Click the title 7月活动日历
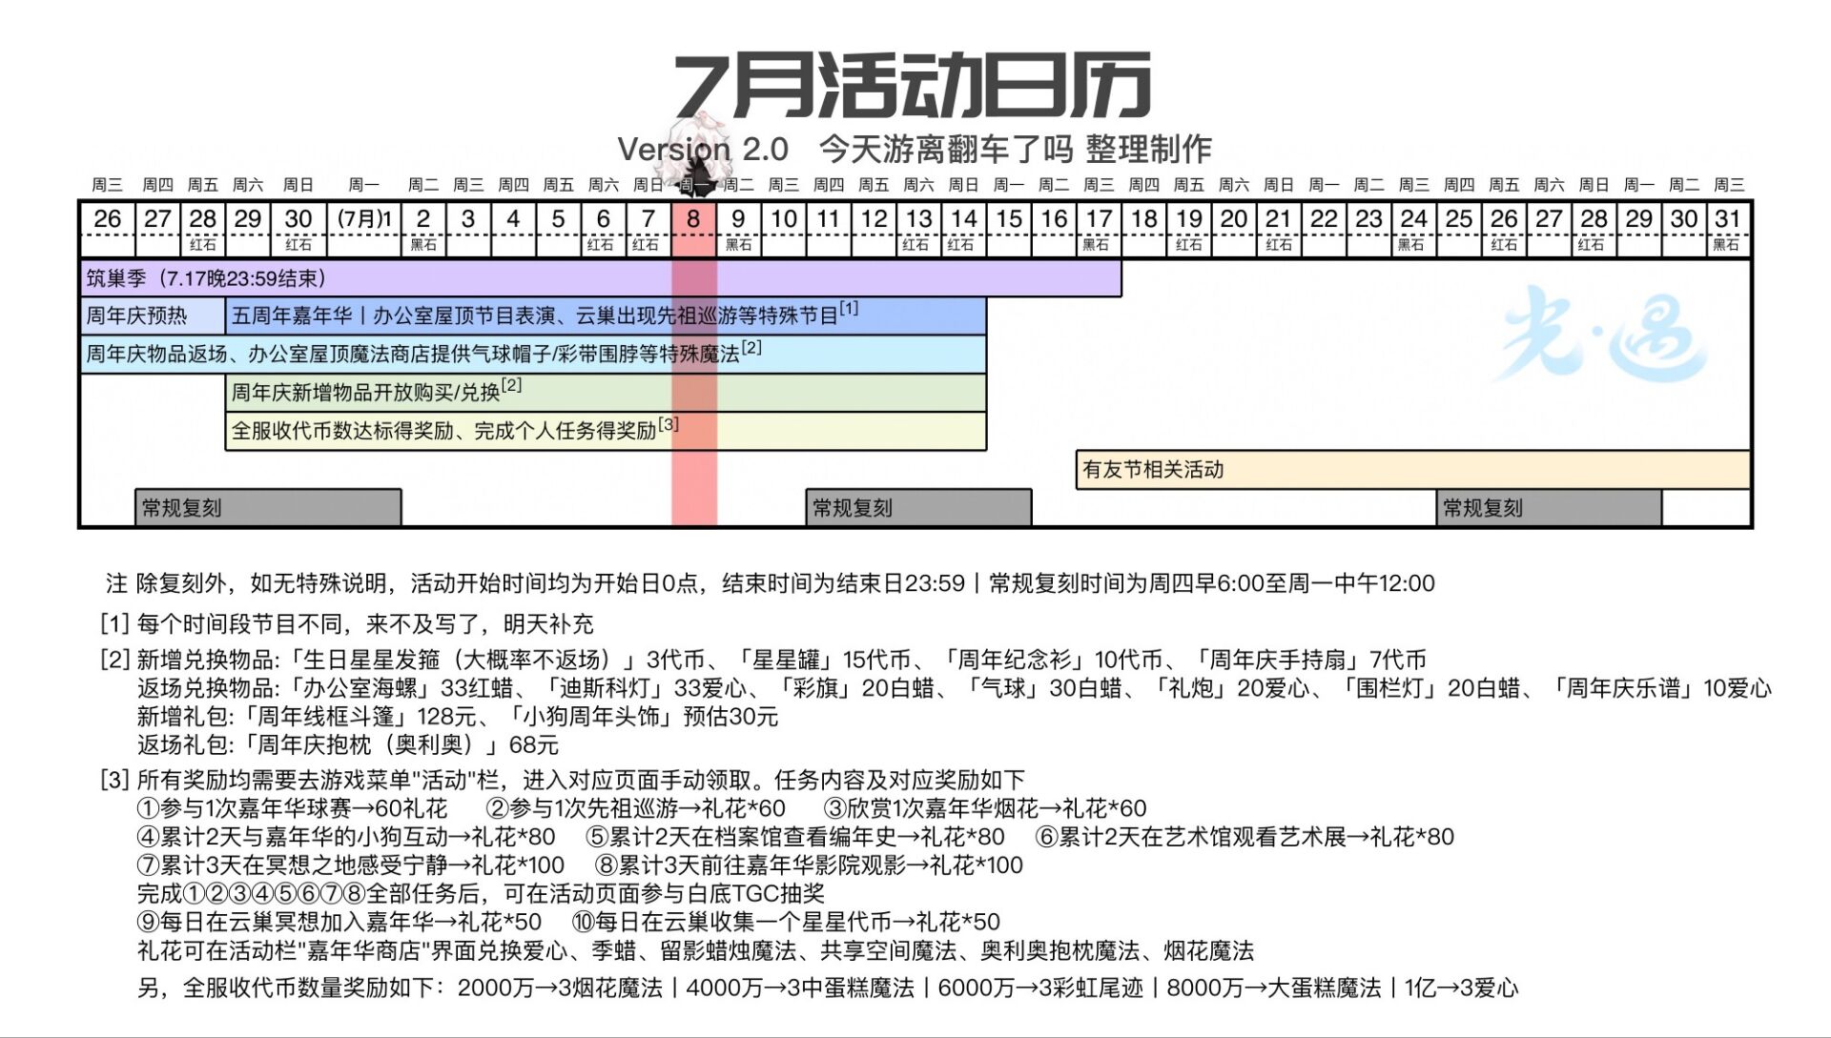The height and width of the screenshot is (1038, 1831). pyautogui.click(x=913, y=86)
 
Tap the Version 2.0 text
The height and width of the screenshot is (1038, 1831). pyautogui.click(x=703, y=149)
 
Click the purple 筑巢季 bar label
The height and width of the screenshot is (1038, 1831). pyautogui.click(x=206, y=278)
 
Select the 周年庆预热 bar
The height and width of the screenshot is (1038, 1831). pyautogui.click(x=154, y=316)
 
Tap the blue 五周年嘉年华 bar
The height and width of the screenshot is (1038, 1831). pyautogui.click(x=606, y=316)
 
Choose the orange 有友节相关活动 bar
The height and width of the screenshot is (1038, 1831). pyautogui.click(x=1413, y=470)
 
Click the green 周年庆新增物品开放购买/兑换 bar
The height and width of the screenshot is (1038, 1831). pyautogui.click(x=606, y=393)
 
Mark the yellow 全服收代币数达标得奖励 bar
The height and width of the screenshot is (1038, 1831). pyautogui.click(x=606, y=431)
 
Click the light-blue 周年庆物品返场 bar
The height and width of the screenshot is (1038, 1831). pyautogui.click(x=533, y=355)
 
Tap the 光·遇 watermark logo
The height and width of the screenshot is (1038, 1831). pyautogui.click(x=1603, y=334)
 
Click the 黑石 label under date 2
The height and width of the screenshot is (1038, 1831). pyautogui.click(x=423, y=245)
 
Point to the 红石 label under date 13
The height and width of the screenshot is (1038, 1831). pyautogui.click(x=915, y=245)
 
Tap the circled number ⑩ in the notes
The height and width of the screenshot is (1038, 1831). pyautogui.click(x=584, y=923)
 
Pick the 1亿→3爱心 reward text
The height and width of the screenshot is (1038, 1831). pyautogui.click(x=1461, y=988)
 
